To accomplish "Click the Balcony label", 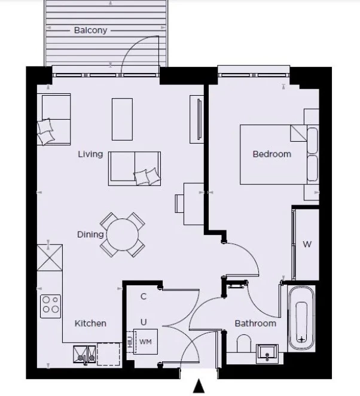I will pyautogui.click(x=90, y=30).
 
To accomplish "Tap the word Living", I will pyautogui.click(x=90, y=154).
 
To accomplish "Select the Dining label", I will pyautogui.click(x=90, y=234).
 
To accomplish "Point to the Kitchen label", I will pyautogui.click(x=90, y=323).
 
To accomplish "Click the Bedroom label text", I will pyautogui.click(x=271, y=154).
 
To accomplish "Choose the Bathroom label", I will pyautogui.click(x=255, y=323).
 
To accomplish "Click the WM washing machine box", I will pyautogui.click(x=145, y=342).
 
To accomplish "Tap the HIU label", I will pyautogui.click(x=129, y=342).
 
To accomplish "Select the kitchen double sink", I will pyautogui.click(x=84, y=355).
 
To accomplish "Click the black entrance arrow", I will pyautogui.click(x=199, y=387).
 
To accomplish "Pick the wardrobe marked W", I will pyautogui.click(x=307, y=244).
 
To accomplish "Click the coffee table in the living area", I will pyautogui.click(x=123, y=118).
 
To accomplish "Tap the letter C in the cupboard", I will pyautogui.click(x=144, y=296).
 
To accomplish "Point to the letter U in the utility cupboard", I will pyautogui.click(x=144, y=322).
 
